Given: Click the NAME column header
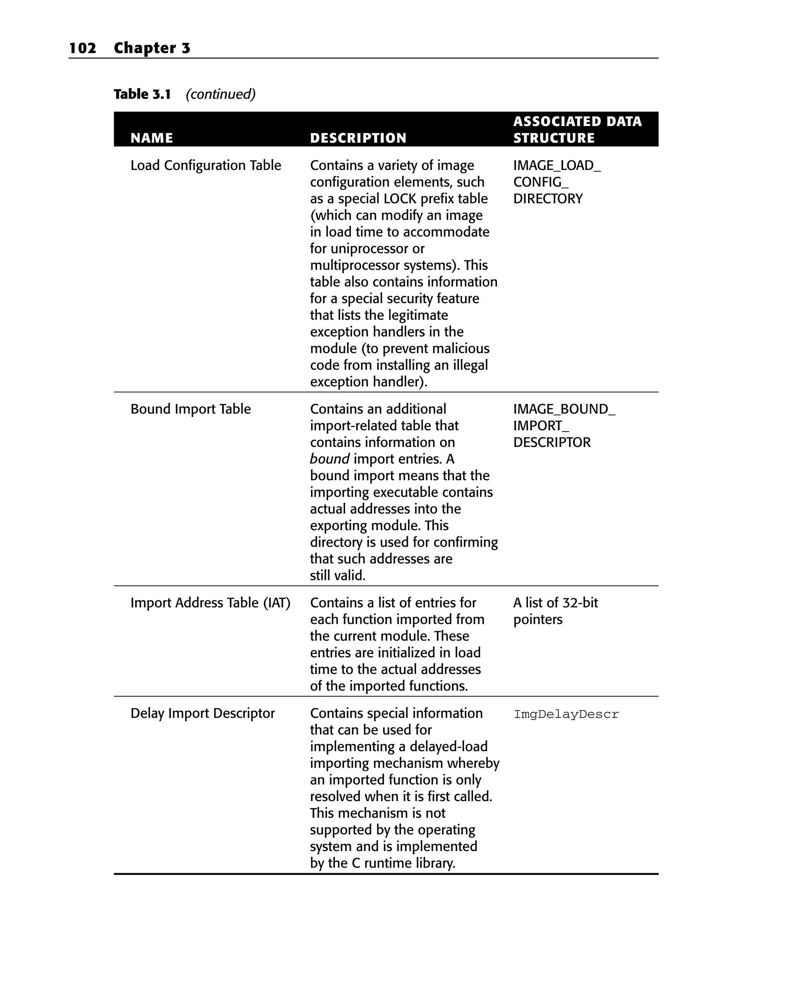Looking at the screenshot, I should [x=152, y=138].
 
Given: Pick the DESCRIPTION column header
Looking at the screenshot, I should [x=358, y=138].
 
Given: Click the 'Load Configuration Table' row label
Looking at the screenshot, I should [x=206, y=165].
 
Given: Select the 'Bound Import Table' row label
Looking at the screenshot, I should [x=190, y=409].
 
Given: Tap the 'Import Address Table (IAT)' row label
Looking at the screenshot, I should [x=210, y=603].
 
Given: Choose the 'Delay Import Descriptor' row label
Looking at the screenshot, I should [x=203, y=713].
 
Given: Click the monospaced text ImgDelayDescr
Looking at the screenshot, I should [x=566, y=714].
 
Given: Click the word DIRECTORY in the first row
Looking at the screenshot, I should [x=547, y=199].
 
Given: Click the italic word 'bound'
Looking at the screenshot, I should [x=329, y=459].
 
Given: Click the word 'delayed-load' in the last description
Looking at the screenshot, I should [x=448, y=746].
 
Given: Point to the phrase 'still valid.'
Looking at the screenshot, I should [x=338, y=576].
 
